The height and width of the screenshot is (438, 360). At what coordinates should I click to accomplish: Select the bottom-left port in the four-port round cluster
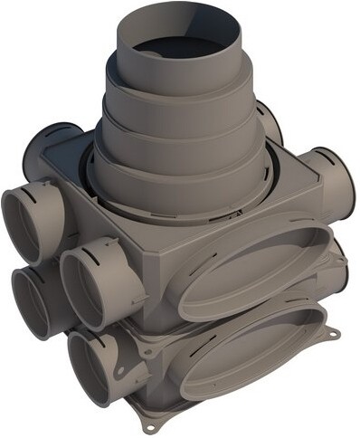click(x=40, y=302)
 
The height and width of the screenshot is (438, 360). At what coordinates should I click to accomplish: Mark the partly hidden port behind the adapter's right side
click(x=268, y=122)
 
